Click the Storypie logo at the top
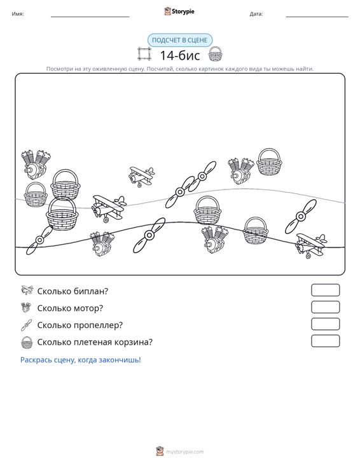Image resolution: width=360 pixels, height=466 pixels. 179,11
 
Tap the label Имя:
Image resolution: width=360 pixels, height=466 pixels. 18,14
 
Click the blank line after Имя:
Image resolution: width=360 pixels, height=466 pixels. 90,17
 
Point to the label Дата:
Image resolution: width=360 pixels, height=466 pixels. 256,14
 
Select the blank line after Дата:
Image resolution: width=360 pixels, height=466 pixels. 317,17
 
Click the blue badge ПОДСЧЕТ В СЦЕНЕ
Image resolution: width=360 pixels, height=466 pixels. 179,40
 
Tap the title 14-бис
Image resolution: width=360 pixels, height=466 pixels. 180,55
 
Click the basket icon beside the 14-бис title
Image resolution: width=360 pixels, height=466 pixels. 215,54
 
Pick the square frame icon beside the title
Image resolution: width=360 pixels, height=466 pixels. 144,54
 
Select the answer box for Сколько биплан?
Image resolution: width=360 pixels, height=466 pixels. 325,290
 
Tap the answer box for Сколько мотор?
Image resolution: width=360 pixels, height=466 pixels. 325,307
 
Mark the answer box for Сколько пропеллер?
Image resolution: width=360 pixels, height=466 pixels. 325,324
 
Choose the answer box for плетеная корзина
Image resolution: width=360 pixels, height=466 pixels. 325,341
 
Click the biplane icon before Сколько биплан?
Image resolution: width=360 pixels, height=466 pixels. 27,290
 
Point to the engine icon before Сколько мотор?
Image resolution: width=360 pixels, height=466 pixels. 26,307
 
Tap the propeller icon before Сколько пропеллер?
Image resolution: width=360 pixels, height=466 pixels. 26,325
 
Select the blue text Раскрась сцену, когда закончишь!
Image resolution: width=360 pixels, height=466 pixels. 81,360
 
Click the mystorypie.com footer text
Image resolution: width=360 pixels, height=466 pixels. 184,452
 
